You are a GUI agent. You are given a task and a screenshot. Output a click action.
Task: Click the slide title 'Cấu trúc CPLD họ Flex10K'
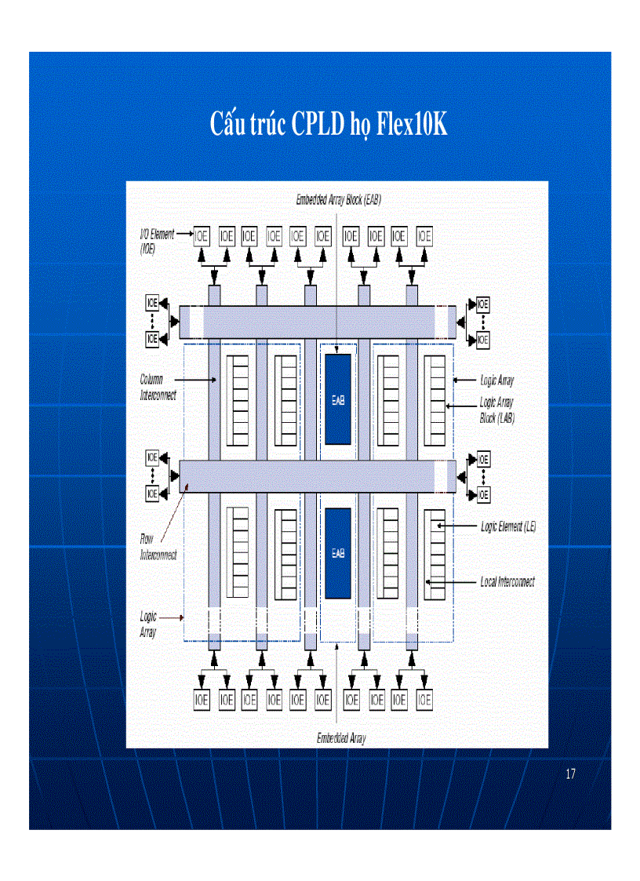329,123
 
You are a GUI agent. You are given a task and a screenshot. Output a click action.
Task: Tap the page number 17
570,774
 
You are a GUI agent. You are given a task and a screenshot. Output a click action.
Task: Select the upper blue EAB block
338,399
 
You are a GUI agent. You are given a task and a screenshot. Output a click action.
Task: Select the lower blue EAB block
338,552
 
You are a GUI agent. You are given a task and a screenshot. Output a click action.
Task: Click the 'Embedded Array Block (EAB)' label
338,200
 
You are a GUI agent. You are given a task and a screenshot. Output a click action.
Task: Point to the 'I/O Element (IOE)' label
156,241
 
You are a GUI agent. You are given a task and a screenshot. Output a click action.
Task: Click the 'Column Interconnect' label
158,388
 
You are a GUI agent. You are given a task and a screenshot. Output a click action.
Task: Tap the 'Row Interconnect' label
158,547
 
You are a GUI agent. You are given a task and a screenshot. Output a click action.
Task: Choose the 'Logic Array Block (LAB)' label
496,410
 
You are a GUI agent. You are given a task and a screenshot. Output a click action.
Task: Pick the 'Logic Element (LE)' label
507,526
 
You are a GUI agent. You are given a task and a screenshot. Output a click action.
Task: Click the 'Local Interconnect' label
507,582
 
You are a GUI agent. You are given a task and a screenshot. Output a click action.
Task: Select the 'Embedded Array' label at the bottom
341,738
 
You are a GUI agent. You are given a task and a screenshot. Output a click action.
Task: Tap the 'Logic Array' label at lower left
148,624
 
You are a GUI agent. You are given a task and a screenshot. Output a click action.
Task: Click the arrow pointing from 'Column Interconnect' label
201,380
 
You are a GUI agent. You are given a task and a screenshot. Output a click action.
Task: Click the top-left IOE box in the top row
202,235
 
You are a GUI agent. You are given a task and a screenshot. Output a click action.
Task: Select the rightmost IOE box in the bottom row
424,699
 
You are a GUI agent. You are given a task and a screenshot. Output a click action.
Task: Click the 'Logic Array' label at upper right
496,380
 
